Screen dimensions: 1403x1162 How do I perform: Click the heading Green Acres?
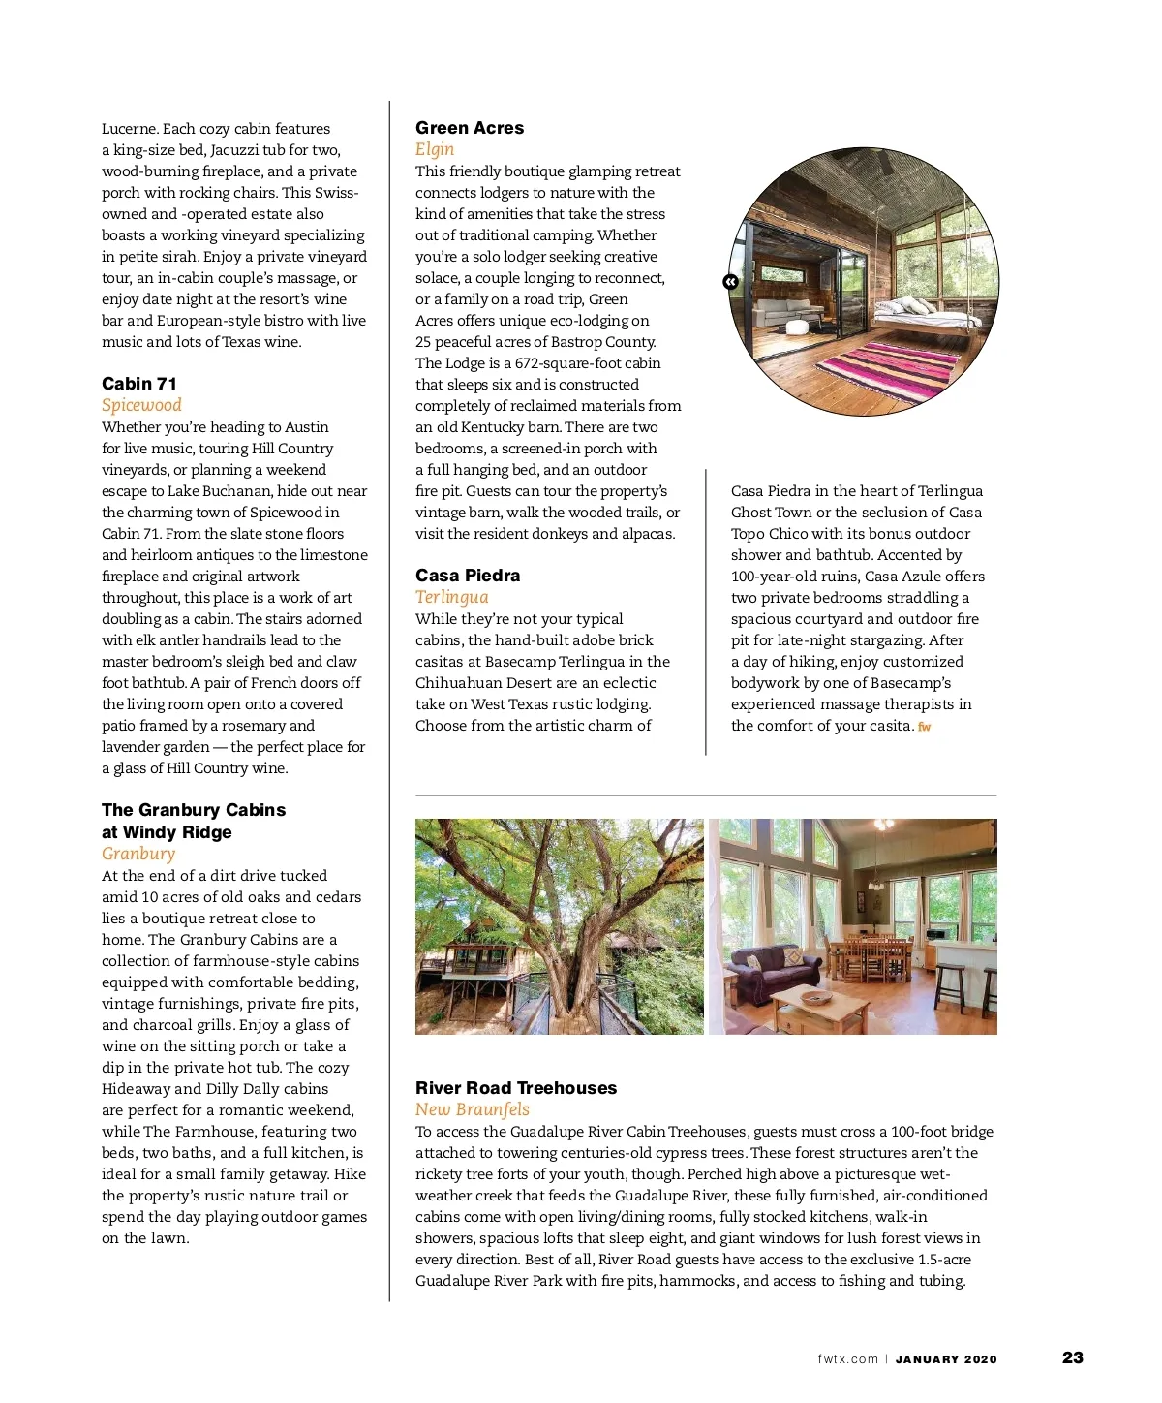pos(470,128)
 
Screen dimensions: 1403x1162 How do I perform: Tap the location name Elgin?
pos(435,149)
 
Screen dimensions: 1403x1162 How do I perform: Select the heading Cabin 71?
pos(139,384)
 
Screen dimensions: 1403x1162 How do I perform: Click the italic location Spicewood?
pos(141,405)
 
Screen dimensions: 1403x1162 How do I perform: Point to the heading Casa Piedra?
pos(468,576)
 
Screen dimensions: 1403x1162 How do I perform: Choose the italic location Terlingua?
pos(452,597)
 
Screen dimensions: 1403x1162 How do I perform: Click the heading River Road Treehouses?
pos(516,1088)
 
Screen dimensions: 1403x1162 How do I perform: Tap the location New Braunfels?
pos(473,1109)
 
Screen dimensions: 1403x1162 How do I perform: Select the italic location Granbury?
pos(138,854)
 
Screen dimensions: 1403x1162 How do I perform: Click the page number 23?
pos(1073,1357)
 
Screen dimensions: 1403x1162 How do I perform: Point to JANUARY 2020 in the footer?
pos(946,1359)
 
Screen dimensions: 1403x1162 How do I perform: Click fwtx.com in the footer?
pos(847,1359)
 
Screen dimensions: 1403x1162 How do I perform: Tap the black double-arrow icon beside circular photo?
pos(730,282)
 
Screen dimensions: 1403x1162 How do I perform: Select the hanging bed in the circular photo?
pos(920,312)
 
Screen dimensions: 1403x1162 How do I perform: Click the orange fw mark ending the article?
pos(925,727)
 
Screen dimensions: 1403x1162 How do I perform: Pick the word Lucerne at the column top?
pos(129,129)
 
